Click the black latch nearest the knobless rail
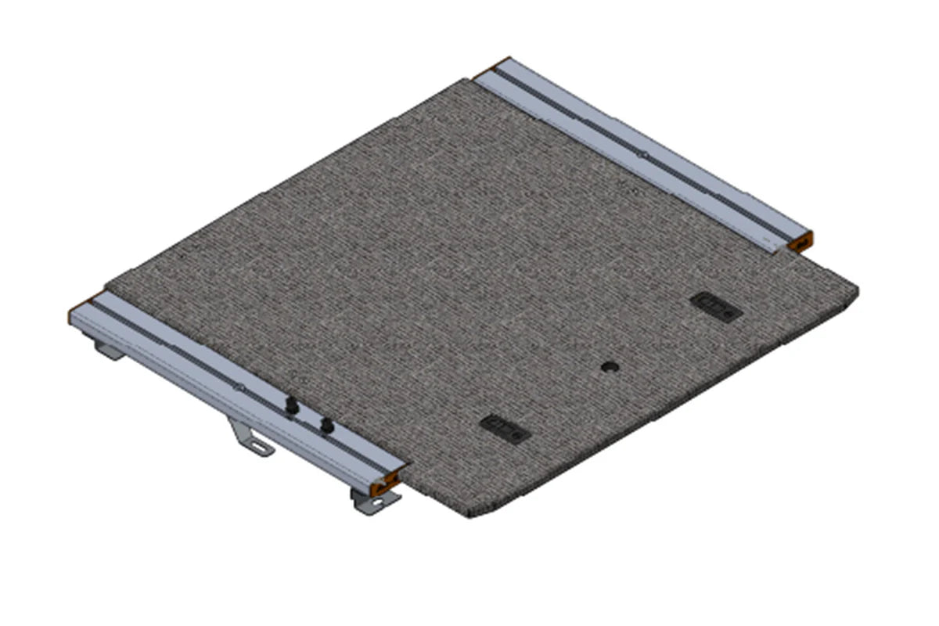[x=715, y=306]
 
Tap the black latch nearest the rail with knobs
[x=505, y=427]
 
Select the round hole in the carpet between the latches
[x=610, y=366]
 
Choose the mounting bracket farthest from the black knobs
[x=108, y=349]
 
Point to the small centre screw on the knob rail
[x=241, y=387]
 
